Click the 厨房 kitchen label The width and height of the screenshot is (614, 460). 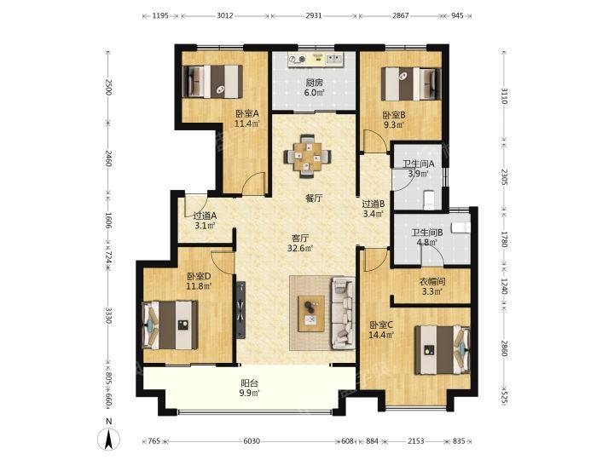[x=315, y=83]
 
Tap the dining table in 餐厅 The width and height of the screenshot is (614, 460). [x=307, y=156]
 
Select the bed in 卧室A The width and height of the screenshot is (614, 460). [x=212, y=82]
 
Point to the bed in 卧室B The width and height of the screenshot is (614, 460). [x=411, y=84]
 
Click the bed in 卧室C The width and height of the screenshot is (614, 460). [x=443, y=350]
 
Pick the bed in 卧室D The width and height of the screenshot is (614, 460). [x=170, y=325]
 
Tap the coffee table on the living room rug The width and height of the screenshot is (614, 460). [x=311, y=313]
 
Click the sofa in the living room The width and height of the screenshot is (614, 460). [x=343, y=313]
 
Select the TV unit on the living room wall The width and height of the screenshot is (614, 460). [x=240, y=309]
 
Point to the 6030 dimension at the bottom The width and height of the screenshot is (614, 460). [x=252, y=441]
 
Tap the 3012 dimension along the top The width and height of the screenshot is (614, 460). [x=225, y=15]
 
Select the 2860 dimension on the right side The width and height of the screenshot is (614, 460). [x=504, y=348]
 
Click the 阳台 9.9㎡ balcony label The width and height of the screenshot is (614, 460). [x=249, y=388]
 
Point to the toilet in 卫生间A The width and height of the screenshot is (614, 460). [x=430, y=198]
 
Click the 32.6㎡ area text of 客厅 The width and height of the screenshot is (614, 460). [x=300, y=248]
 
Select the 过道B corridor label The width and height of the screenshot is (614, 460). [x=373, y=204]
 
